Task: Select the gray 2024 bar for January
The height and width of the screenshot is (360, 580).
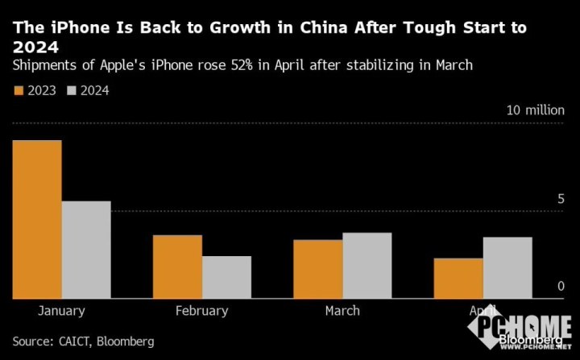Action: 86,250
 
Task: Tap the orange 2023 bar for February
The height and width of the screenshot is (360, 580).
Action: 177,267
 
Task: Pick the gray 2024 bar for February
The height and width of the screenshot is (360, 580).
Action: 226,277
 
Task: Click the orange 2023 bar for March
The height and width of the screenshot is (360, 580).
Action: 317,269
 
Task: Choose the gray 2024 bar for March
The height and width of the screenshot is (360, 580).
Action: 367,266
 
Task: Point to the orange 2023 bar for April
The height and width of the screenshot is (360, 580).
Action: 458,278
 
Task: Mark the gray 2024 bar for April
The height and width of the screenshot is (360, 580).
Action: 507,267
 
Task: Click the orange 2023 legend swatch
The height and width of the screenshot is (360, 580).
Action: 19,90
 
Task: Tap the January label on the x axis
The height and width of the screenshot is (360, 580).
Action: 61,310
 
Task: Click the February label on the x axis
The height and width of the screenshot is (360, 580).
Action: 201,310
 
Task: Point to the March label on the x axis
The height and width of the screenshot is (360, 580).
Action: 342,310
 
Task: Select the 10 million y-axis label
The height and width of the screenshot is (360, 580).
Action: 535,111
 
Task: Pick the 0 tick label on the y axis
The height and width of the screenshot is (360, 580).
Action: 560,286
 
